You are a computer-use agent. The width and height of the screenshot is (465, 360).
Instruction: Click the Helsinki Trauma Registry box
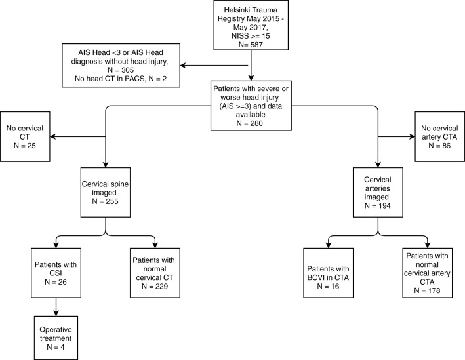pyautogui.click(x=251, y=25)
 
